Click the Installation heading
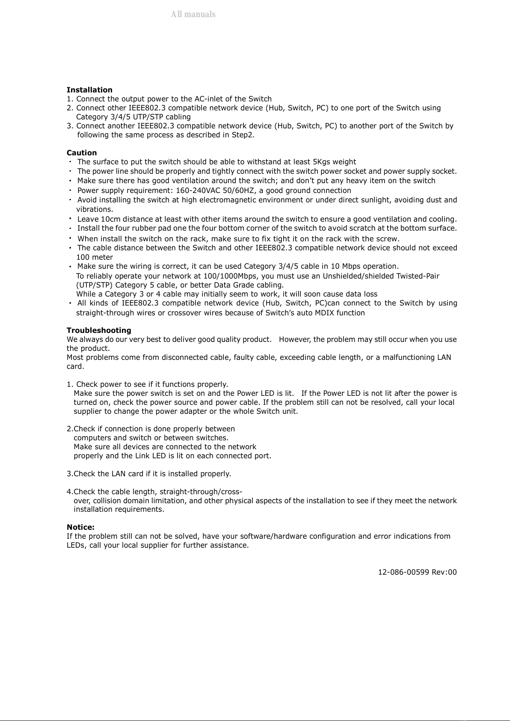pos(89,90)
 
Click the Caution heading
pos(82,153)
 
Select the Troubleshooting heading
pos(99,330)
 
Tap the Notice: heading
pos(80,527)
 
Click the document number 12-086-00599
pos(403,572)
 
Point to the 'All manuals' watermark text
pos(193,14)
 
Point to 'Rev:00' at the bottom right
pos(444,572)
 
